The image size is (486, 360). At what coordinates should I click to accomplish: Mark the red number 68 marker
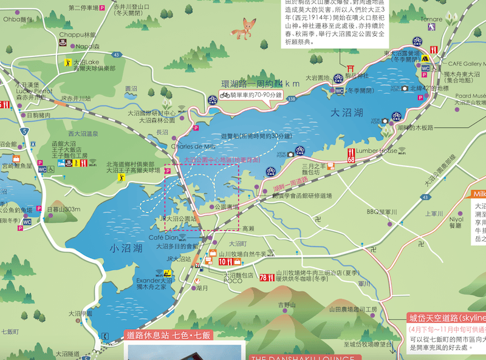(351, 155)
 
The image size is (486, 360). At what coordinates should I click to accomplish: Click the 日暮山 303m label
(63, 209)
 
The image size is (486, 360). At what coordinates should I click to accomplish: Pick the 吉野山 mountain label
(286, 305)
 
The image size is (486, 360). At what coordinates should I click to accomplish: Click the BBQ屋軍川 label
(382, 211)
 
